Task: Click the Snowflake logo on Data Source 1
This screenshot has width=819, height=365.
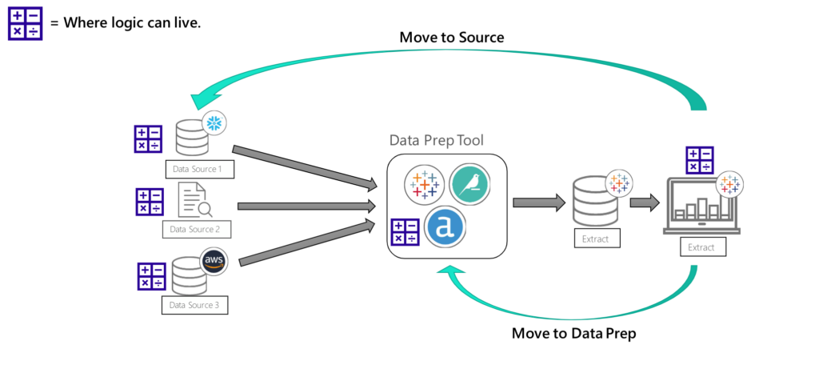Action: pyautogui.click(x=214, y=123)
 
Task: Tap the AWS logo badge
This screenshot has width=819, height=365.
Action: pyautogui.click(x=214, y=261)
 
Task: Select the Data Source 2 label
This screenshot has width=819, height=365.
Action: pyautogui.click(x=196, y=230)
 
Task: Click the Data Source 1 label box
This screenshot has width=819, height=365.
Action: pyautogui.click(x=199, y=169)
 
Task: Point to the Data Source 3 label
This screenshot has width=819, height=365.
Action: pyautogui.click(x=194, y=305)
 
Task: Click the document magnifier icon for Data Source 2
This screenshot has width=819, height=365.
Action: pyautogui.click(x=195, y=200)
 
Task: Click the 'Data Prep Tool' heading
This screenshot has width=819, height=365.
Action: pyautogui.click(x=437, y=140)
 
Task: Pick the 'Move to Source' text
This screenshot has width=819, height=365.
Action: pyautogui.click(x=452, y=38)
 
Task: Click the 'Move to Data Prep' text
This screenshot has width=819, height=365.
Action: pyautogui.click(x=573, y=333)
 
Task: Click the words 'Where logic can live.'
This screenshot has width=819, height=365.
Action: pyautogui.click(x=132, y=23)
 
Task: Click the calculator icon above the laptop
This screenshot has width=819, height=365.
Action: pyautogui.click(x=699, y=160)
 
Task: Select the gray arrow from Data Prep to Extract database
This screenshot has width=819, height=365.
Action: pyautogui.click(x=539, y=203)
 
